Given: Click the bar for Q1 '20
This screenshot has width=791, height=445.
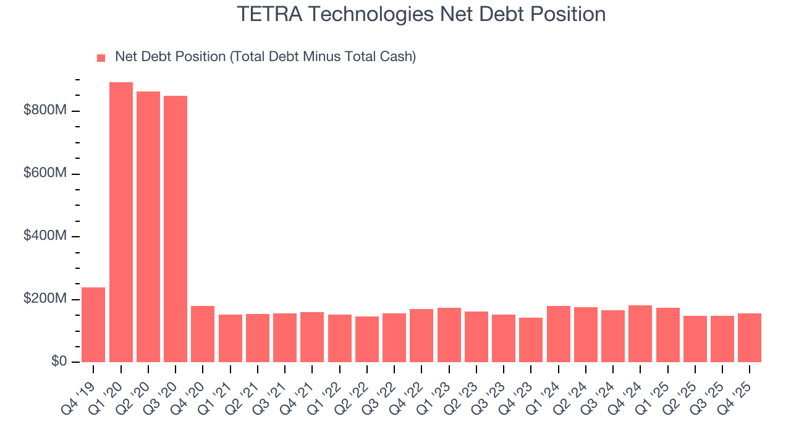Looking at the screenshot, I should tap(121, 222).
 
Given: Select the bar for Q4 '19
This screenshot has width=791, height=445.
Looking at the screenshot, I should tap(93, 324).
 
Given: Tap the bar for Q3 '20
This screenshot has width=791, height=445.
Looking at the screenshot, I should tap(176, 229).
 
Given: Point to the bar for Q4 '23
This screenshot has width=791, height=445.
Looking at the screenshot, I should tap(531, 339).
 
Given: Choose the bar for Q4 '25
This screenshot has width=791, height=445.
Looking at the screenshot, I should tap(750, 337).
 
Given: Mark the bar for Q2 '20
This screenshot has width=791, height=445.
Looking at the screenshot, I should tap(148, 227).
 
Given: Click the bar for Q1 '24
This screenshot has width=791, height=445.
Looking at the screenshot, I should tap(558, 334).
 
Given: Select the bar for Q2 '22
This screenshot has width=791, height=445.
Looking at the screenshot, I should tap(367, 339).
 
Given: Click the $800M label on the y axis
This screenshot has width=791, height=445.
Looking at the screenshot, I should tap(44, 111).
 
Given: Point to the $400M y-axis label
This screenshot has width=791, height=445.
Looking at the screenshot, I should tap(44, 236).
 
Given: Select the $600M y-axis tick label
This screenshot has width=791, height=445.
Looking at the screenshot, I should tap(44, 174).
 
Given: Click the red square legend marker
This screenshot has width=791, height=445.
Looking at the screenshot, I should tap(101, 58).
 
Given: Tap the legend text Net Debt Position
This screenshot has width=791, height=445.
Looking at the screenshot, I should tap(170, 57).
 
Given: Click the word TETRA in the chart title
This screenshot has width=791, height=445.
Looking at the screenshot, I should tap(266, 14).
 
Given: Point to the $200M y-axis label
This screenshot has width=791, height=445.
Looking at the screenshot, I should tap(44, 299).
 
